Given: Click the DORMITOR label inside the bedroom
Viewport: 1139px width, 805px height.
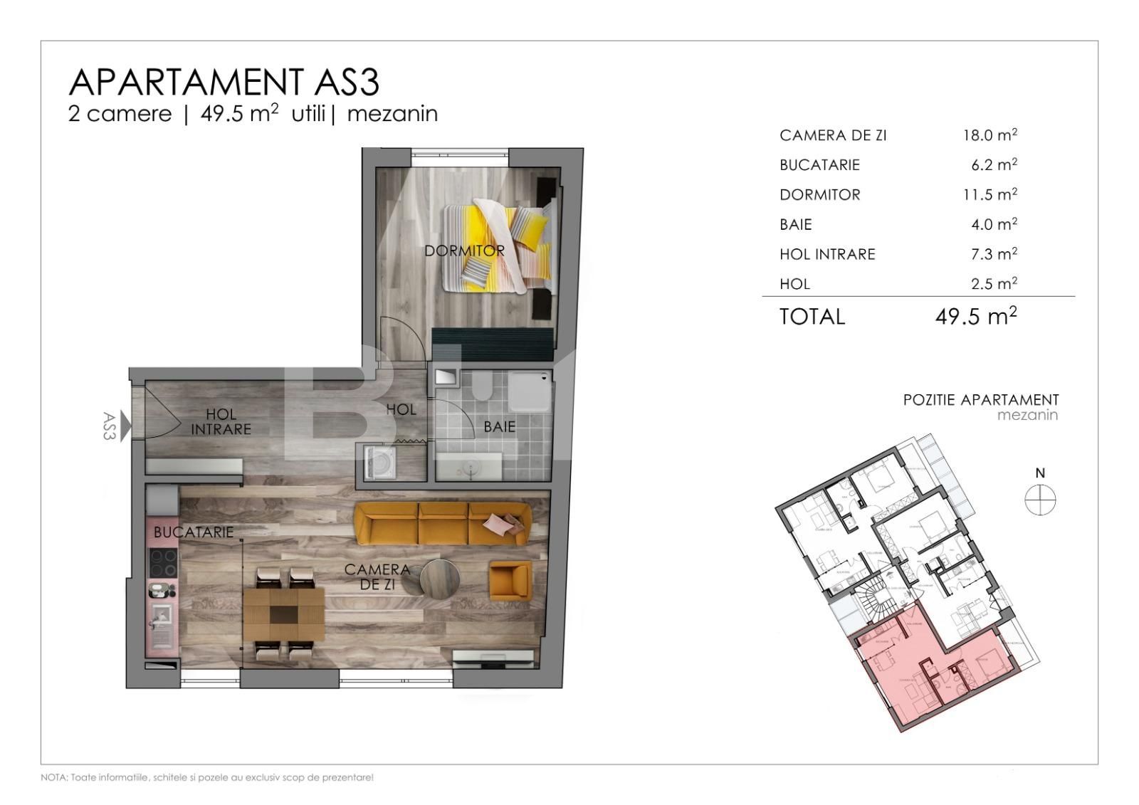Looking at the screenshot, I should (x=464, y=251).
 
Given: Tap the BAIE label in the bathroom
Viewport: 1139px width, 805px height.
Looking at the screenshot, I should (x=499, y=427).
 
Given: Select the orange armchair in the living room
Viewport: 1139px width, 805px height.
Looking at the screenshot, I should (x=510, y=580).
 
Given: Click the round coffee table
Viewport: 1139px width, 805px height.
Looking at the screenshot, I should (x=439, y=578).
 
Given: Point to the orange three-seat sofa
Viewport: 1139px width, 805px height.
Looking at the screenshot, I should (x=442, y=524).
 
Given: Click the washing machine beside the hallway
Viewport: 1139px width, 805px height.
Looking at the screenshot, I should (x=379, y=462).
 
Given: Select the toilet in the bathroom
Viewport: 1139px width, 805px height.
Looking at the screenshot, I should (x=482, y=386).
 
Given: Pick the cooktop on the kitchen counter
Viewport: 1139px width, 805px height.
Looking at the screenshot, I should (x=163, y=563).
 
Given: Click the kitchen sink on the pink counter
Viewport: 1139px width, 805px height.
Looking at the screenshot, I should (x=162, y=621).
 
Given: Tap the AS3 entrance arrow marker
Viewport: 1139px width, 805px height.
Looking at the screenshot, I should (x=126, y=426).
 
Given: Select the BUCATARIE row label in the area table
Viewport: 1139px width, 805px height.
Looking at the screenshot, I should (x=819, y=165).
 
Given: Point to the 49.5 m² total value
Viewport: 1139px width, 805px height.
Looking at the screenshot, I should (x=975, y=317).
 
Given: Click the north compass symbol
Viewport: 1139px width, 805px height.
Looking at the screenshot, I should (x=1040, y=500).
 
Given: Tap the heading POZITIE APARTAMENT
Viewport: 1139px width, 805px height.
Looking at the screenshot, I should (x=981, y=400).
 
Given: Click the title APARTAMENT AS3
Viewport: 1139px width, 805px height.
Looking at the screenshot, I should (x=224, y=83).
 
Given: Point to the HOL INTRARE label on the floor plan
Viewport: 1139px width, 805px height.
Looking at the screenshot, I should (x=221, y=421).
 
